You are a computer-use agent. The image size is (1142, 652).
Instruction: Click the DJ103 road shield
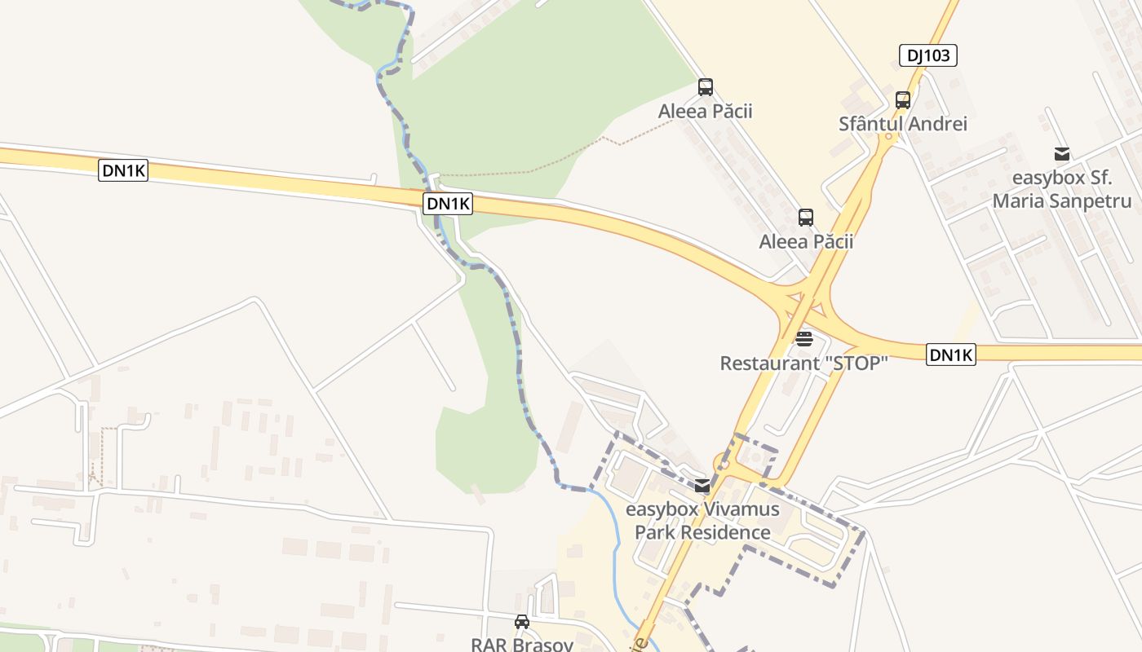point(927,55)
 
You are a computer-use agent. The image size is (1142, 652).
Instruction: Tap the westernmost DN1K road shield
point(123,170)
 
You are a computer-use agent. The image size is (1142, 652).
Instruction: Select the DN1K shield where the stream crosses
point(448,204)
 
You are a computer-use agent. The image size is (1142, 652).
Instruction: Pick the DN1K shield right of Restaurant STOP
point(951,355)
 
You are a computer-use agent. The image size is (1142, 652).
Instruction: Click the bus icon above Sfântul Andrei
point(902,100)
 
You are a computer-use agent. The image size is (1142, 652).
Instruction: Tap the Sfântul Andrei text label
point(903,124)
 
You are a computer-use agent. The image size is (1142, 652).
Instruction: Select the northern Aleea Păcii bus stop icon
point(706,87)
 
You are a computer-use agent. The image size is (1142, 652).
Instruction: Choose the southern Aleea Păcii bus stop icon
point(806,218)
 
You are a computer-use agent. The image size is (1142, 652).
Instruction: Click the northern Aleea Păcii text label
point(706,111)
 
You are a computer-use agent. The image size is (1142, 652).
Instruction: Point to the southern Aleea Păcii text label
point(806,241)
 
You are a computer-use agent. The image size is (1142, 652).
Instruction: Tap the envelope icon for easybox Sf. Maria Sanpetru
point(1061,154)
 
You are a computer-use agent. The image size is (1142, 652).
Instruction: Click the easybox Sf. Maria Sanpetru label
point(1061,190)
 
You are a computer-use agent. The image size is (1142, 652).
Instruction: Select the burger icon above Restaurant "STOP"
point(804,338)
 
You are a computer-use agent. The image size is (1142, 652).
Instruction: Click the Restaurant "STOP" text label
point(803,363)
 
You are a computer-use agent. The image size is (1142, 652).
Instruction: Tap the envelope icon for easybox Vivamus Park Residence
point(702,487)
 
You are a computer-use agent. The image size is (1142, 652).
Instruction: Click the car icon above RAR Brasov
point(522,622)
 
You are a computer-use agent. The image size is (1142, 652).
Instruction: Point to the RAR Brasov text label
point(522,644)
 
